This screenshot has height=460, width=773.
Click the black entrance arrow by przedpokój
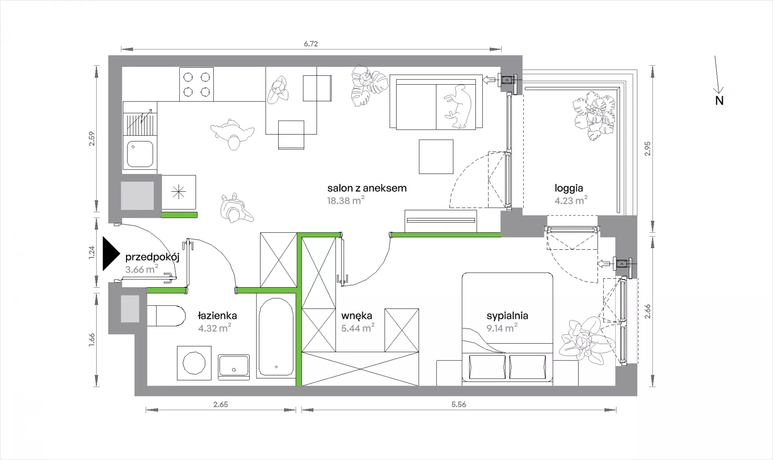[111, 253]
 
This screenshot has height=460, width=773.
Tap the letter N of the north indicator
[719, 101]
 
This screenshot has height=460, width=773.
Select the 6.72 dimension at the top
[311, 44]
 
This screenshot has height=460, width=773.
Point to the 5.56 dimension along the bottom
[459, 404]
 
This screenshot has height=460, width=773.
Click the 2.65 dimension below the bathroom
[221, 404]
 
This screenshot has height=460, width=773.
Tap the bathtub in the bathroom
[276, 337]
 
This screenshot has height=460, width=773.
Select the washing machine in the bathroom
[194, 363]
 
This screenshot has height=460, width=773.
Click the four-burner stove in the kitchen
[196, 84]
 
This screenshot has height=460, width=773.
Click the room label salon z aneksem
[367, 188]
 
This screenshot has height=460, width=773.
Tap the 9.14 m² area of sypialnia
[502, 328]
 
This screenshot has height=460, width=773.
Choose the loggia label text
[568, 188]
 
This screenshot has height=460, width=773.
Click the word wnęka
[357, 316]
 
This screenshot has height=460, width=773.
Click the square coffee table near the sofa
[436, 157]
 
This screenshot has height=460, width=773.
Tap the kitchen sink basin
[140, 153]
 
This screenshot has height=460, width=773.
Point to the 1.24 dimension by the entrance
[92, 252]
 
